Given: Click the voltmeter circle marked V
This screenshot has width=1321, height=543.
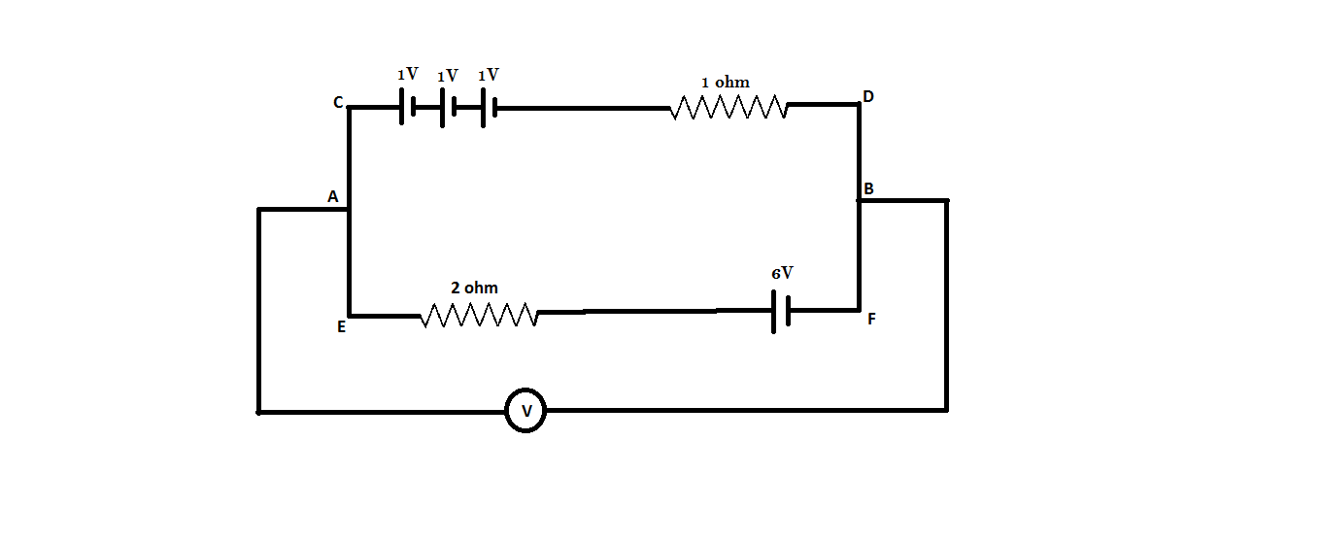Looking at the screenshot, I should pos(525,412).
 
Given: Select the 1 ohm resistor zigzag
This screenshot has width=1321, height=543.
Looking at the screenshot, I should pos(728,107).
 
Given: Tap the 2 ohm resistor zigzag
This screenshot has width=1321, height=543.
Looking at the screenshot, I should pos(479,315).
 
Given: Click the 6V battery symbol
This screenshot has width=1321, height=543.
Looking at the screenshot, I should pos(780,311).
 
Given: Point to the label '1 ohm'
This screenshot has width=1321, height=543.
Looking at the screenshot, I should pos(725,83).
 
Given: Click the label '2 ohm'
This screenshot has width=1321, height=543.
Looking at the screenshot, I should pos(474,288).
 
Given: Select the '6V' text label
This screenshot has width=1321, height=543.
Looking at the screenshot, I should pos(783,274).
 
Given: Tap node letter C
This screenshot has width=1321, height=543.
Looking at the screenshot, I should pos(338,102).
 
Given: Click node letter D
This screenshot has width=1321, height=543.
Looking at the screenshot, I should pos(867,96).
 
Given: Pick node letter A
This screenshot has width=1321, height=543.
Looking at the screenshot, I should pos(332,197).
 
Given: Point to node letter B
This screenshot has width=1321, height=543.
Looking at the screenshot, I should pos(868,188).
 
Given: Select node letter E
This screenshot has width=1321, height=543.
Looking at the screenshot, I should pos(341,327).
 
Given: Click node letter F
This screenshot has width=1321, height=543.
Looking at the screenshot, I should pos(871,319).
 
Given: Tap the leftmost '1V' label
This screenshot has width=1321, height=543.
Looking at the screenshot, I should pos(407,75).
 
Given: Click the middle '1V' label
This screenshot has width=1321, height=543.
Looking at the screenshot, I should pos(448,76).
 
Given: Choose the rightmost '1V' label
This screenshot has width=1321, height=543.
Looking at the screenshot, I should pos(488,75).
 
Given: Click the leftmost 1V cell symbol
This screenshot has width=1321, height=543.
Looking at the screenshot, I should pos(407,108).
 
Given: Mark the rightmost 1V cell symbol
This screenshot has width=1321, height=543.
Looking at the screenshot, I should pos(489,108).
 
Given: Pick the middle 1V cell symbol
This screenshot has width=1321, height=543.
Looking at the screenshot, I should pos(448,108).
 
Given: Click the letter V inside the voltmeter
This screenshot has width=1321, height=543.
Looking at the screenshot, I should pos(525,412).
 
